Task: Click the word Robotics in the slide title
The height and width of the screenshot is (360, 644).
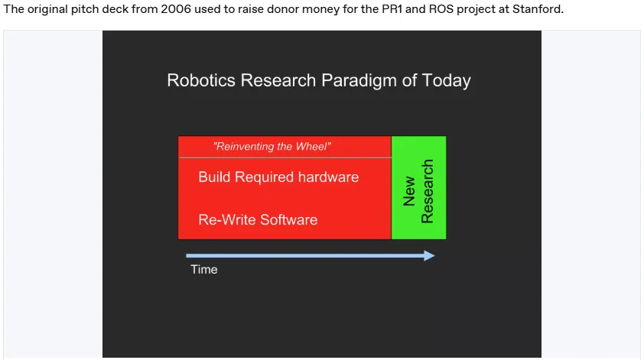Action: [x=201, y=80]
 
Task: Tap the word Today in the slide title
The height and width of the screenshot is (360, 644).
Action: [x=446, y=81]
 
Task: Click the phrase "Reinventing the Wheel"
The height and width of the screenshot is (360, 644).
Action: [x=272, y=147]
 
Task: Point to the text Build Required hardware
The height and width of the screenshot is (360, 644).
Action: [x=278, y=177]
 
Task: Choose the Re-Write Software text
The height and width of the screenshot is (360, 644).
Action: [x=258, y=219]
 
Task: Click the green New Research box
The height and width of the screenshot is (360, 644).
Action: [x=418, y=187]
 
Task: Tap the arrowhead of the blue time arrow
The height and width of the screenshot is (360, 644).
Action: [x=429, y=256]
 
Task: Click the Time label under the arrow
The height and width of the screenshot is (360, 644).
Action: [x=203, y=269]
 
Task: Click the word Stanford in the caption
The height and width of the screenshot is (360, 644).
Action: [x=538, y=9]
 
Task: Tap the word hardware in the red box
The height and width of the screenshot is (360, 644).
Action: [x=329, y=177]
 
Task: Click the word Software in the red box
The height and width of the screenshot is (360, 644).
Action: [x=289, y=219]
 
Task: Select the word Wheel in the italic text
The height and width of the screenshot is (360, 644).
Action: [x=317, y=147]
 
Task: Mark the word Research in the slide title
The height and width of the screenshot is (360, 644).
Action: [x=278, y=80]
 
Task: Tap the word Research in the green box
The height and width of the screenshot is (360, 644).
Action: [x=427, y=191]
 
